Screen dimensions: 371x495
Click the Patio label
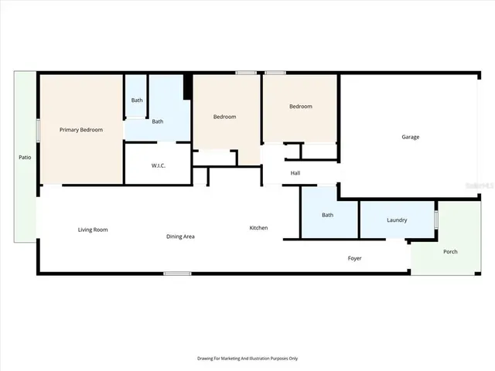(25, 158)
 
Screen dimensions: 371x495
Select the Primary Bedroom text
(81, 130)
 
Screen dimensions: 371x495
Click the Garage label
(410, 137)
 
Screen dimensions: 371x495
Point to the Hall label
(295, 173)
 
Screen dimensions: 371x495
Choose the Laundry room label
(397, 220)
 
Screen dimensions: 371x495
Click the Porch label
(450, 252)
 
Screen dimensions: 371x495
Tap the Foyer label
(354, 258)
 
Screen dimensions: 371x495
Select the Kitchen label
(258, 228)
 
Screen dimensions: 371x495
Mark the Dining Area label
(180, 236)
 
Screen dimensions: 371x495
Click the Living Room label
(93, 230)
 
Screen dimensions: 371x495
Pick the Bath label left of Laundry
(327, 215)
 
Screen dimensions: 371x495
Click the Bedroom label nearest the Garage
(301, 107)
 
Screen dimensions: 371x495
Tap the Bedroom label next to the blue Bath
(224, 117)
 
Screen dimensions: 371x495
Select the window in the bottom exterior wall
(178, 273)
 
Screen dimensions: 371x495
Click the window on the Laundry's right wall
(436, 220)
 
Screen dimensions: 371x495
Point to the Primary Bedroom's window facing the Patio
(38, 130)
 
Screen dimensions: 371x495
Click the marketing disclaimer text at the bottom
(247, 359)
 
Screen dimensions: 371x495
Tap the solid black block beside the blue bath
(187, 87)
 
